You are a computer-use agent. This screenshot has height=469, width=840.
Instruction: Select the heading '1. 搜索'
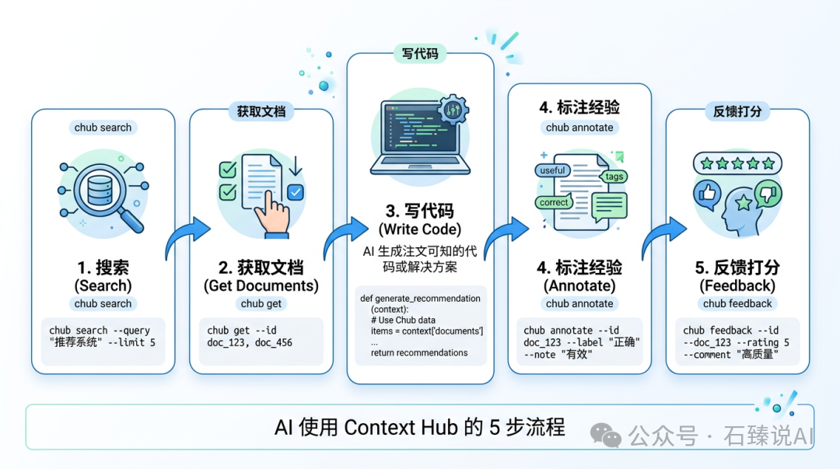(103, 268)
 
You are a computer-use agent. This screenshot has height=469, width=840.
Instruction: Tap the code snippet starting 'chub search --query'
(103, 337)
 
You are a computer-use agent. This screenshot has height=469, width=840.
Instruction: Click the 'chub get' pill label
(261, 304)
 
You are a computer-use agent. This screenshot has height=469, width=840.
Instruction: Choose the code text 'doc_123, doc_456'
(250, 342)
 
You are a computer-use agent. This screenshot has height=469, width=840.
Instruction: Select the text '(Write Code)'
(420, 229)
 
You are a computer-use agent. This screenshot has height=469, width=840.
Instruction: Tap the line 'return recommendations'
(419, 352)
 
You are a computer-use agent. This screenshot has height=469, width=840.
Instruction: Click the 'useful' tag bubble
(552, 170)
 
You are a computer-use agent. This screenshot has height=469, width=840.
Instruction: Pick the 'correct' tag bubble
(554, 202)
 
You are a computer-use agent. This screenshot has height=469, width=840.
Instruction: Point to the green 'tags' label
(614, 177)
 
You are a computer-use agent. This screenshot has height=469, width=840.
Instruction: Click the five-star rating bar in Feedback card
(737, 164)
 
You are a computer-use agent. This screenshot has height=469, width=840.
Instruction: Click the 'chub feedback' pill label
(737, 304)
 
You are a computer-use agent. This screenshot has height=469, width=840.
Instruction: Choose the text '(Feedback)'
(737, 285)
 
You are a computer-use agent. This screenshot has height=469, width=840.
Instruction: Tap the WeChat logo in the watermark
(605, 434)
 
